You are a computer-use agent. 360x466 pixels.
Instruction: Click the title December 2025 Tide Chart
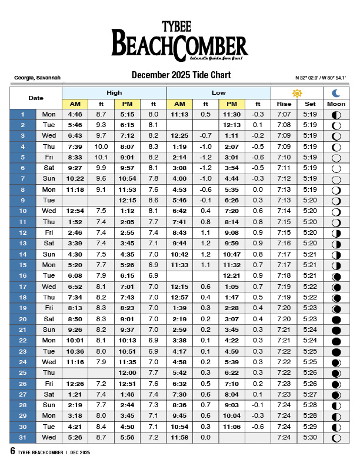pos(181,75)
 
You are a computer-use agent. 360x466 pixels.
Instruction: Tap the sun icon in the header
pos(297,93)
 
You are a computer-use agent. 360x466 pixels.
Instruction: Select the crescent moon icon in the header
pos(336,93)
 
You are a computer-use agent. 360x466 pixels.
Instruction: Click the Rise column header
pos(284,104)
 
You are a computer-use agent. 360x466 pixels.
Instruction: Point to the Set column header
pos(310,104)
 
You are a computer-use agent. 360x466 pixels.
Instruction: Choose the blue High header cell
pos(114,93)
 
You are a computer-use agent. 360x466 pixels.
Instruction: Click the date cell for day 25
pos(23,373)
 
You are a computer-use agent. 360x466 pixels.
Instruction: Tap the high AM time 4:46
pos(75,114)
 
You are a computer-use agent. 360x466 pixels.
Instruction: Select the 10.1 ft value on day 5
pos(101,157)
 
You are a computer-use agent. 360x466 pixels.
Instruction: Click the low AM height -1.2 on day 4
pos(206,157)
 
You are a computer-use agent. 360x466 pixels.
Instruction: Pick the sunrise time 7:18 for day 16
pos(284,276)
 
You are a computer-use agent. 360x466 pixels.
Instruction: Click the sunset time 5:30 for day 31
pos(310,438)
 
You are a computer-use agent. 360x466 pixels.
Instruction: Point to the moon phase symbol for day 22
pos(336,341)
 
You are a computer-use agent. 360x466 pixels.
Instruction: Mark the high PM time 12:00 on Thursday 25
pos(128,373)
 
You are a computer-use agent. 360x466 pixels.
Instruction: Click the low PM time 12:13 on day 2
pos(232,125)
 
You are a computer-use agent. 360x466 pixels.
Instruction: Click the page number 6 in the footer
pos(12,451)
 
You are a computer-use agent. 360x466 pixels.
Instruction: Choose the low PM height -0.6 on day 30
pos(258,427)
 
